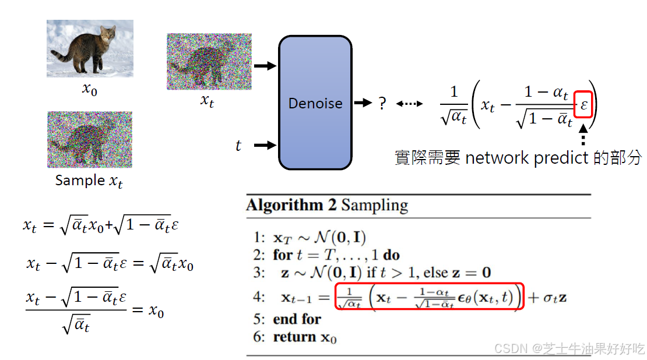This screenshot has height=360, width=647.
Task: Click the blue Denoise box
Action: [315, 103]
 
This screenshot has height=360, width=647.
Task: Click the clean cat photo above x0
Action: [90, 48]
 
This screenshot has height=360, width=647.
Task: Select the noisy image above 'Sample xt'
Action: [90, 140]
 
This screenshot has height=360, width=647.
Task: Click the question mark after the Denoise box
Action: [382, 104]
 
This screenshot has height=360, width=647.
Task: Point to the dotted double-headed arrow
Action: [410, 104]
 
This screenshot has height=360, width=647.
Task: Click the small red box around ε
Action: [583, 105]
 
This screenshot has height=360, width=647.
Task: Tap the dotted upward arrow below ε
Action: [583, 137]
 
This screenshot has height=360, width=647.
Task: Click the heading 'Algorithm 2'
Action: [291, 205]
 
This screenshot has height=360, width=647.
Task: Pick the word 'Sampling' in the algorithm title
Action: [374, 205]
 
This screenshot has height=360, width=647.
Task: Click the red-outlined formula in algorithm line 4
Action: [430, 297]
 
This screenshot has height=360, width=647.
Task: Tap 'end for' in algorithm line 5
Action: [297, 319]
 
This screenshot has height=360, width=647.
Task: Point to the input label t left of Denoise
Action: [238, 146]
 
